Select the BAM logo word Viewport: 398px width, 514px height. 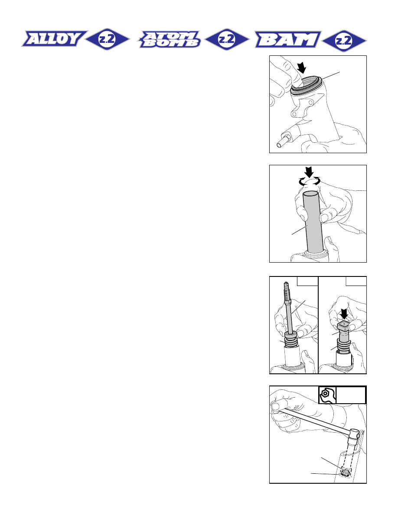[287, 39]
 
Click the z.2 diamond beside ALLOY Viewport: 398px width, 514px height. [108, 39]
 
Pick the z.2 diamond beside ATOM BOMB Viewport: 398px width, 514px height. [227, 39]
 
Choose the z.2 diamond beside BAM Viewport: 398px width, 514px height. [344, 41]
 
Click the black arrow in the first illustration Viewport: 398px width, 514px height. [301, 68]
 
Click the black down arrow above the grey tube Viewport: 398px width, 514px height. [309, 172]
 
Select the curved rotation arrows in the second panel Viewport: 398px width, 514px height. [309, 181]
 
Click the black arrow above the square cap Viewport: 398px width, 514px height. [344, 314]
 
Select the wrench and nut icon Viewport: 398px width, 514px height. [327, 395]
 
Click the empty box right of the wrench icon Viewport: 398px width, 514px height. [351, 395]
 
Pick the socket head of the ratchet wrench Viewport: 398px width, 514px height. [354, 434]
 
